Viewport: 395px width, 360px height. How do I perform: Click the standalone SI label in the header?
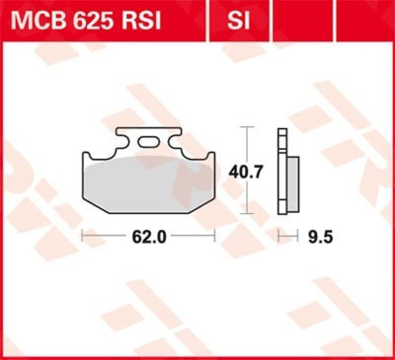coord(239,22)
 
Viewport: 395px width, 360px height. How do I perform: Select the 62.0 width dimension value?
coord(149,237)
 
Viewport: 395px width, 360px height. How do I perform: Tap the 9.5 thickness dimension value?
coord(320,237)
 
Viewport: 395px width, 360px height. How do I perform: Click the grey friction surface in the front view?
coord(148,185)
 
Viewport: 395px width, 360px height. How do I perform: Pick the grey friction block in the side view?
coord(293,178)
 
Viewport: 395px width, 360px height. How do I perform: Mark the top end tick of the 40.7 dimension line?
coord(247,127)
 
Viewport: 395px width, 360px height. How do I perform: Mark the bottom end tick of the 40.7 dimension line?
coord(247,214)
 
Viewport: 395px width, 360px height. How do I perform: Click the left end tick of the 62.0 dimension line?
coord(82,237)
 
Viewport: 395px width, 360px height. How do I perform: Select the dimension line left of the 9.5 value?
coord(289,237)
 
